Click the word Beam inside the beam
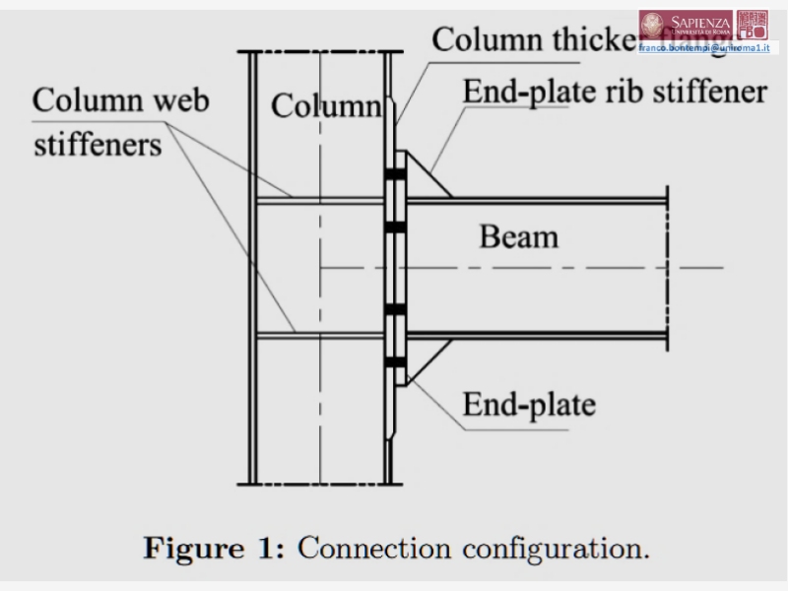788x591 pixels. pyautogui.click(x=518, y=236)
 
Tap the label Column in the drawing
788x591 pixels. pyautogui.click(x=325, y=105)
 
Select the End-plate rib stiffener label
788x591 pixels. pyautogui.click(x=615, y=92)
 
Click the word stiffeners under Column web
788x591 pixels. pyautogui.click(x=98, y=145)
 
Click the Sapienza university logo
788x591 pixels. pyautogui.click(x=686, y=25)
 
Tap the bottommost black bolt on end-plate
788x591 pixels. pyautogui.click(x=396, y=362)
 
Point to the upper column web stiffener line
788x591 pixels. pyautogui.click(x=320, y=200)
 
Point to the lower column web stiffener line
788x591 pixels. pyautogui.click(x=320, y=337)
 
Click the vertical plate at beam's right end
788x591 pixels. pyautogui.click(x=667, y=267)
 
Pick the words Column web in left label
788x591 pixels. pyautogui.click(x=121, y=100)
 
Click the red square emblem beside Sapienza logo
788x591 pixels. pyautogui.click(x=754, y=25)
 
